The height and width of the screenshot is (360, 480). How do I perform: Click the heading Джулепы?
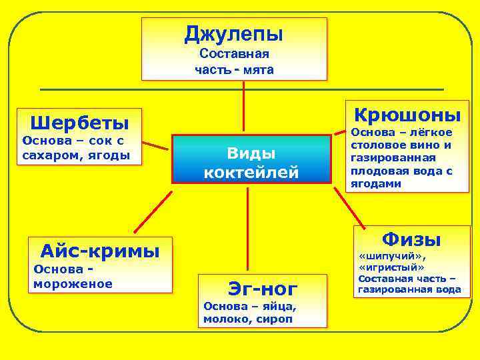[234, 33]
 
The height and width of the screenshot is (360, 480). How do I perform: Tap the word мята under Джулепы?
[259, 69]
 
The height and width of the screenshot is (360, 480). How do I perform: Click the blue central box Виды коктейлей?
[251, 159]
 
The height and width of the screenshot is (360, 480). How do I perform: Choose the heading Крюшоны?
[407, 114]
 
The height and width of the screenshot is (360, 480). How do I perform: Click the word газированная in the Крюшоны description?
[393, 158]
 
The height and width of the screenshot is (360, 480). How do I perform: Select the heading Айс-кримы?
[100, 251]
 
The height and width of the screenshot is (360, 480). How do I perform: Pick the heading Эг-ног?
[262, 288]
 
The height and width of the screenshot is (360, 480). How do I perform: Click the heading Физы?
[411, 239]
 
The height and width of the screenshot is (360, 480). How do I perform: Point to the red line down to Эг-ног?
[248, 227]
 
